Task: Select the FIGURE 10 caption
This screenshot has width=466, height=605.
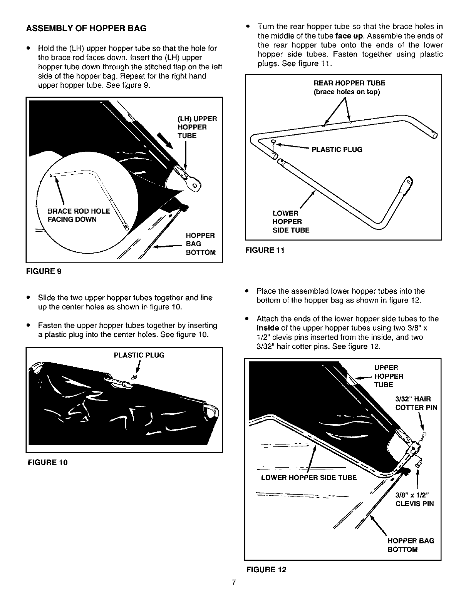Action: click(x=47, y=462)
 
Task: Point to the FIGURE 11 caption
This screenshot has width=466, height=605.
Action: click(x=265, y=251)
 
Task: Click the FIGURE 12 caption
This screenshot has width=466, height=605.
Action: click(x=266, y=570)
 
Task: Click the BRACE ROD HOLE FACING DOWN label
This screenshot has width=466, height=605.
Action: click(x=78, y=215)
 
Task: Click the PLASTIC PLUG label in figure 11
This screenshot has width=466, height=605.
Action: click(x=337, y=150)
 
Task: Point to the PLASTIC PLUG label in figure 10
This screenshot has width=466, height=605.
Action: click(x=139, y=355)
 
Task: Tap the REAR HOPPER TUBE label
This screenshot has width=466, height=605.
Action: click(x=349, y=87)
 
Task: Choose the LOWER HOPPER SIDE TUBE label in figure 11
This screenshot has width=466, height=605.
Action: click(x=290, y=222)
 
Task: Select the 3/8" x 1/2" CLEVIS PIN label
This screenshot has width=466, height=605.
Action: click(x=414, y=499)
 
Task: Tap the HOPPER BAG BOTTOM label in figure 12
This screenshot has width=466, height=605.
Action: click(x=411, y=545)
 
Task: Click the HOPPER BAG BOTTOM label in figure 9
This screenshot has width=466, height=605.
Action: click(x=200, y=244)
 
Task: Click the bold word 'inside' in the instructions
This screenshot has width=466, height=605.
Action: click(x=268, y=328)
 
